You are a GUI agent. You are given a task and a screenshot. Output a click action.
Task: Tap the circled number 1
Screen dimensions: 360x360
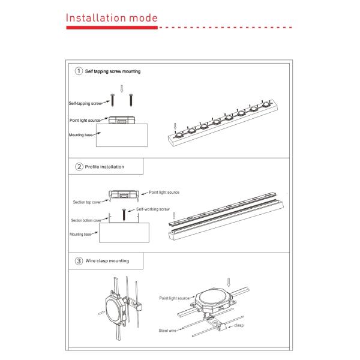coord(79,71)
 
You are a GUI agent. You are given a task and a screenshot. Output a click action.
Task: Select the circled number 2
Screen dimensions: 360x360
coord(79,166)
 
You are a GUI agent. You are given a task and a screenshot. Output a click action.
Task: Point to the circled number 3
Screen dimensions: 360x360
coord(79,261)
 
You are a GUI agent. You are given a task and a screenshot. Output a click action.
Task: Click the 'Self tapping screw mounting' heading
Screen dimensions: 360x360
coord(112,71)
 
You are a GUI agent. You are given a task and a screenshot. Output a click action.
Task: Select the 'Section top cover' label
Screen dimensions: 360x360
coord(85,202)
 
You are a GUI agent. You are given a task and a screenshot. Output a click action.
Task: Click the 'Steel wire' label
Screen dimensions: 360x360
coord(167,331)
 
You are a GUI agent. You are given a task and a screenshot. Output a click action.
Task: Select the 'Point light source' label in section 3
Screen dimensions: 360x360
coord(175,298)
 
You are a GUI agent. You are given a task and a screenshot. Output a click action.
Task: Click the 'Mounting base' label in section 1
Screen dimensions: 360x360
coord(81,136)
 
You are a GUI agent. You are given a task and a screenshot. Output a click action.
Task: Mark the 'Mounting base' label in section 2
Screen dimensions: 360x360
coord(80,234)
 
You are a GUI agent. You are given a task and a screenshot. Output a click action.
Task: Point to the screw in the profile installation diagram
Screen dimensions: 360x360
coord(124,214)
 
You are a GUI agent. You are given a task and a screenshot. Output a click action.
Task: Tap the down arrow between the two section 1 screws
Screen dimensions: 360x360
coord(122,89)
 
